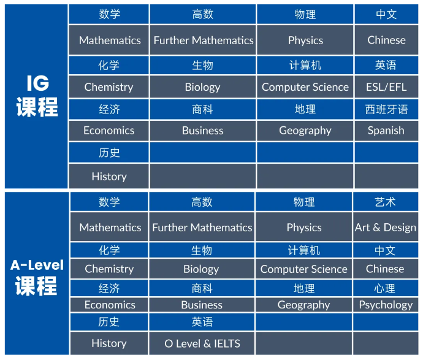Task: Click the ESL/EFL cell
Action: [x=386, y=87]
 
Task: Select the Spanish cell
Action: [x=386, y=131]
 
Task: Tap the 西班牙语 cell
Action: [x=386, y=109]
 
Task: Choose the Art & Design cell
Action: [x=386, y=228]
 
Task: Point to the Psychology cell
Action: [x=386, y=305]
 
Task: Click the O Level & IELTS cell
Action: [x=202, y=343]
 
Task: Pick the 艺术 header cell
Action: [x=386, y=202]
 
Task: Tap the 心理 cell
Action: [x=386, y=288]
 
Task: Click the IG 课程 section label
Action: [x=36, y=96]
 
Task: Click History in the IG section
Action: [x=109, y=176]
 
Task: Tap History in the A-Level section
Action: [x=109, y=343]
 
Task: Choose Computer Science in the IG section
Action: [x=305, y=87]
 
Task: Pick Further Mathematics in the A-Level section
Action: [x=202, y=228]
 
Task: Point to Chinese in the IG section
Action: [x=386, y=40]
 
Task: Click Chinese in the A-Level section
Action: [x=386, y=269]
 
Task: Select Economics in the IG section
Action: [x=109, y=131]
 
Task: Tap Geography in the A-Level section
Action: [x=303, y=305]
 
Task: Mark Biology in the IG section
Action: [x=202, y=87]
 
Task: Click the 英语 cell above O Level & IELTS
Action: [x=202, y=322]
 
